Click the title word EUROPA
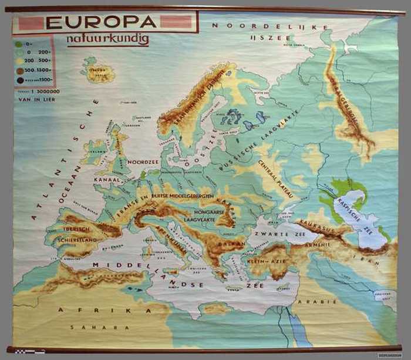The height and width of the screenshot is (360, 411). [101, 22]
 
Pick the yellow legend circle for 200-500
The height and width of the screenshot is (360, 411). [19, 60]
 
